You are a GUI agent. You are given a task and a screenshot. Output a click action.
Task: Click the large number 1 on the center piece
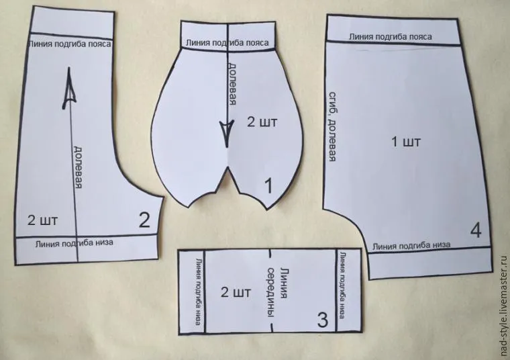(268, 186)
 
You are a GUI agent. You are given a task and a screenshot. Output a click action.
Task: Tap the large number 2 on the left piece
(144, 220)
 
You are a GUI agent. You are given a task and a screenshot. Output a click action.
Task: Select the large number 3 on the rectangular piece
(322, 320)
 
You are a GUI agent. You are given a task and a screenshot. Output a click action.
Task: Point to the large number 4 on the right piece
(476, 230)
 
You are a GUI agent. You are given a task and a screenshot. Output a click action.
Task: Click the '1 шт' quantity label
(405, 142)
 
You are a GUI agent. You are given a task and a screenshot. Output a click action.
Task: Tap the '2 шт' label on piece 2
(42, 220)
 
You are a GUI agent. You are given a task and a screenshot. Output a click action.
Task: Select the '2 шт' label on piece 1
(262, 122)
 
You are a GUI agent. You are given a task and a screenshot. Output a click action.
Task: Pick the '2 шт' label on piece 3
(236, 292)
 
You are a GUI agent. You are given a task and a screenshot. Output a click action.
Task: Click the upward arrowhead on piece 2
(68, 88)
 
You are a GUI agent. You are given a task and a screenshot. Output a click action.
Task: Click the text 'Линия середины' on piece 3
(277, 292)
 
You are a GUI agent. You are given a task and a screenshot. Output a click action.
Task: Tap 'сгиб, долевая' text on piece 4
(332, 127)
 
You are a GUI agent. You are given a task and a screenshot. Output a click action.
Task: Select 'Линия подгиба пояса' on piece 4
(391, 37)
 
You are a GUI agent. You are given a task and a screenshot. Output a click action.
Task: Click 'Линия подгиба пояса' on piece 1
(227, 42)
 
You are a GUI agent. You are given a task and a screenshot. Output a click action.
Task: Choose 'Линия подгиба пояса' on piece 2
(70, 44)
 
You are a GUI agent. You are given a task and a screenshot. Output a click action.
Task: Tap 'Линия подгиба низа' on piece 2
(74, 243)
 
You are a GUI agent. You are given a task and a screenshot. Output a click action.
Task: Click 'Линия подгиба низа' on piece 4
(411, 245)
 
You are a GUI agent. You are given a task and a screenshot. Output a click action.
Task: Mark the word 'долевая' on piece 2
(78, 167)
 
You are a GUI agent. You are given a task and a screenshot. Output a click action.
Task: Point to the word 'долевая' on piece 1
(232, 84)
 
